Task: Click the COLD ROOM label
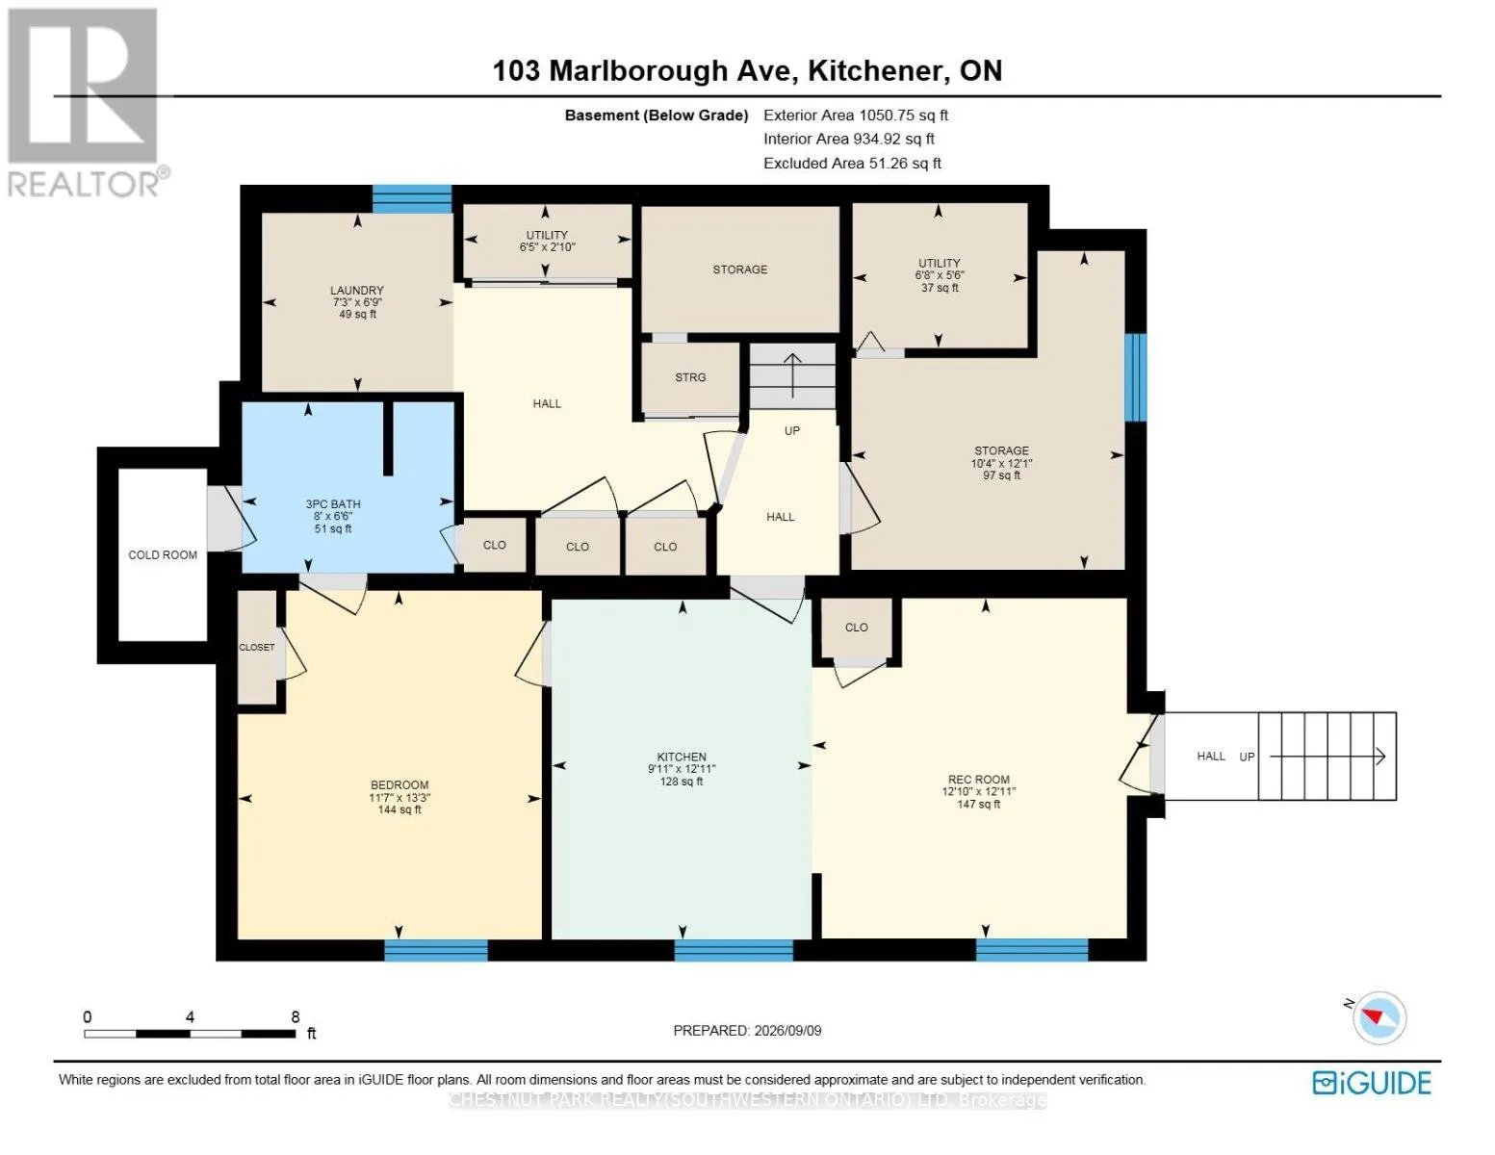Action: pos(163,555)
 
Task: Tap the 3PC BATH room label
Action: pos(333,504)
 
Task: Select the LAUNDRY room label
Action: pos(356,291)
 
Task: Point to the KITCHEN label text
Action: pos(682,757)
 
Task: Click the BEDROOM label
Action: pos(400,784)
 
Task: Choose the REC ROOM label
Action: pos(978,780)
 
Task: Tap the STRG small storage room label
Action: pos(690,377)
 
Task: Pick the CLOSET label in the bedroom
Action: pos(257,648)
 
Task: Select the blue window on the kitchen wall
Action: pos(734,950)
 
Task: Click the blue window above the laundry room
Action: pos(412,199)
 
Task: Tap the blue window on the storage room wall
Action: pos(1135,377)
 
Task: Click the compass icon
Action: pos(1379,1018)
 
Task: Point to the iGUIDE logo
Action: pos(1372,1084)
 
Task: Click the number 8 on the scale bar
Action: pos(296,1016)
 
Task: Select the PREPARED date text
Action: pos(747,1031)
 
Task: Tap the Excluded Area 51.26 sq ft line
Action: pos(852,164)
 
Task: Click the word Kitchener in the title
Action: pos(876,71)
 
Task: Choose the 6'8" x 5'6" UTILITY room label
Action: pos(940,275)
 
